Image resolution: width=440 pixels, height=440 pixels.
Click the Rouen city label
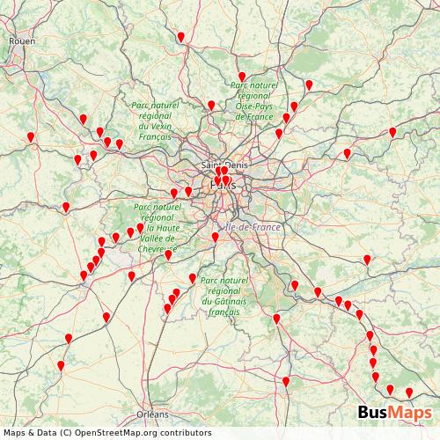pos(22,40)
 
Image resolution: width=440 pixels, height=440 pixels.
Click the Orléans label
pos(152,414)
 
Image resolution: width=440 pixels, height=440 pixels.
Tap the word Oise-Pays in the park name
pos(254,106)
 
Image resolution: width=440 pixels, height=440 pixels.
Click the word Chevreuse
pos(156,249)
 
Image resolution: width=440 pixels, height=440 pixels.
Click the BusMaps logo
pos(393,413)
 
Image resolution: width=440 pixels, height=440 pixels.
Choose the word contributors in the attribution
pos(188,432)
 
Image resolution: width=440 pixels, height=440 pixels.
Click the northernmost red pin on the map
pos(180,37)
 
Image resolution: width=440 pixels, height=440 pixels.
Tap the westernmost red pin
pos(31,137)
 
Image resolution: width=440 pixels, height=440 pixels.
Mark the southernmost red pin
pos(408,392)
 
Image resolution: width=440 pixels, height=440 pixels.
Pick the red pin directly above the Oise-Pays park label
pos(242,77)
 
